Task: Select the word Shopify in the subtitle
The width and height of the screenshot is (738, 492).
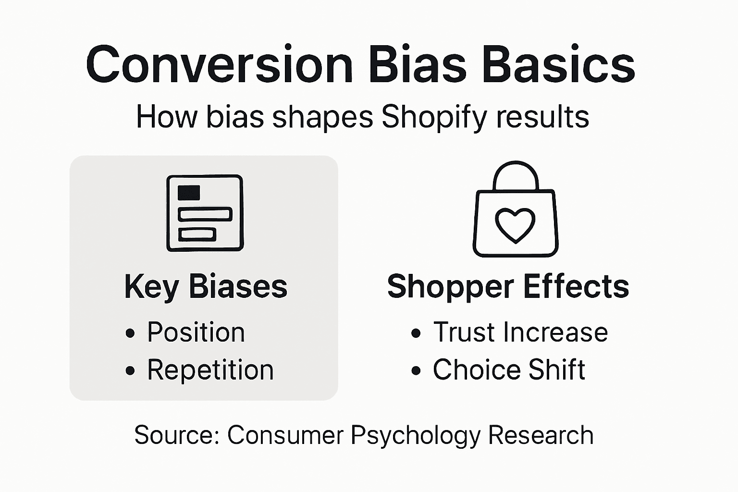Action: [434, 117]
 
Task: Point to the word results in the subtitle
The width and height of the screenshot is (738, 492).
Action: [542, 117]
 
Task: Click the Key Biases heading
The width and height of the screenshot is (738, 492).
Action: [206, 287]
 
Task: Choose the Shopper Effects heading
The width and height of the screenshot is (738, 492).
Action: [508, 287]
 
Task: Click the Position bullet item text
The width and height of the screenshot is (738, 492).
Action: [196, 332]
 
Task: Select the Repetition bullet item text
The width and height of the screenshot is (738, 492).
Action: [210, 370]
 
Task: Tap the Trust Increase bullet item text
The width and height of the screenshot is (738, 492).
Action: [520, 332]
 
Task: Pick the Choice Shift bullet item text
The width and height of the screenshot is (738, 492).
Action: [509, 370]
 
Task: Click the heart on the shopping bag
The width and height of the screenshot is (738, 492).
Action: [515, 224]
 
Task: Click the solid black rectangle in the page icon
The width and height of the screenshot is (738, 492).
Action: [189, 193]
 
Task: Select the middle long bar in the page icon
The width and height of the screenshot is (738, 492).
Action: [205, 214]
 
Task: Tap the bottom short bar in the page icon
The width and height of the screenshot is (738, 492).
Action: [197, 234]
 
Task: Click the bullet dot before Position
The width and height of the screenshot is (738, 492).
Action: [130, 333]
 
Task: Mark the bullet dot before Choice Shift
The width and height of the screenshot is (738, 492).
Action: [416, 371]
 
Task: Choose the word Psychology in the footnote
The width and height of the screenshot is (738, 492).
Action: [416, 435]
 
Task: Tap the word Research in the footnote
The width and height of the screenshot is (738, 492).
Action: [541, 435]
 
